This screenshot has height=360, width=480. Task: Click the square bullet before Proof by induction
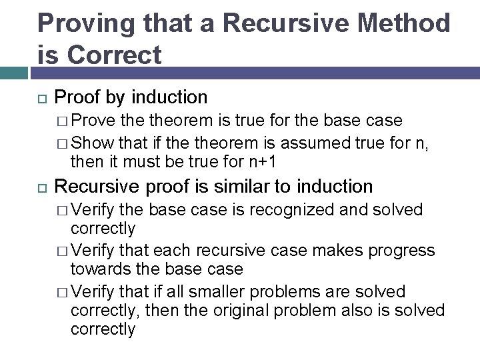(x=41, y=98)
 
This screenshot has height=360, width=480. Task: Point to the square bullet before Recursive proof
(x=41, y=187)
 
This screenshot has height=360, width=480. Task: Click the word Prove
(x=92, y=121)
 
